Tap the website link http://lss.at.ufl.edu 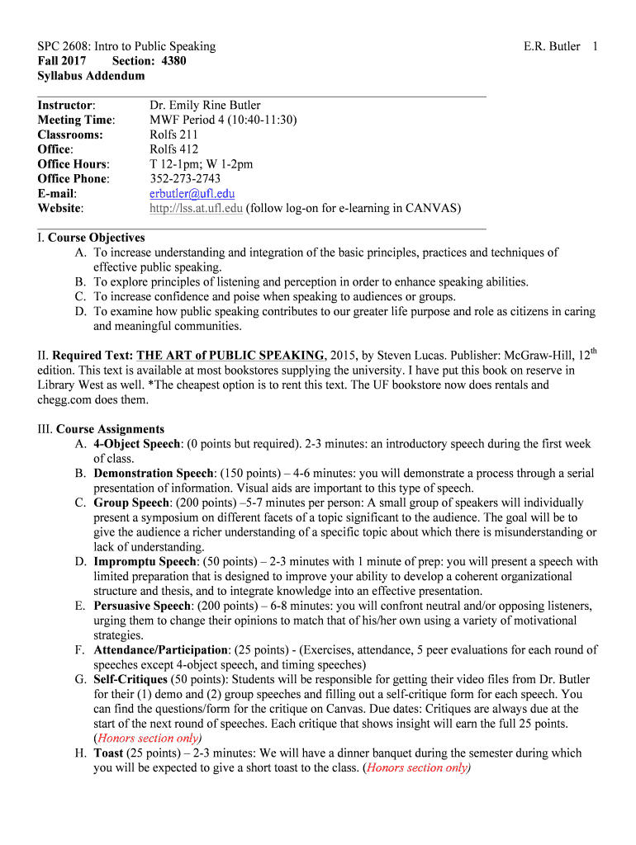196,208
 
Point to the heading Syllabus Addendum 91,76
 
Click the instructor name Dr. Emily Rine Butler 204,105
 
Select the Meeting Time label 76,120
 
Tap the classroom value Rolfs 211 173,135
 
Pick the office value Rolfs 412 173,149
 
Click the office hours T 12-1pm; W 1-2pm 201,164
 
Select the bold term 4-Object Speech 136,444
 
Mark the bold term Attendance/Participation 159,650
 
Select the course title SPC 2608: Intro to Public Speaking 126,46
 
